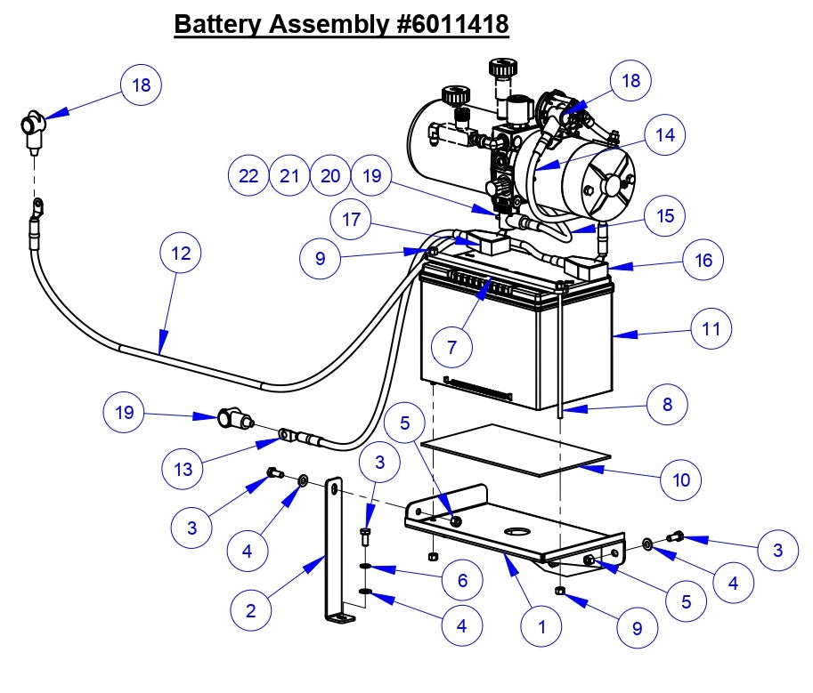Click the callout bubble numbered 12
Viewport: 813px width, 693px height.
click(x=182, y=254)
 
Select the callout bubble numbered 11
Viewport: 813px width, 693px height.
click(x=711, y=329)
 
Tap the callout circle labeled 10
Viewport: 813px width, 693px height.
click(x=681, y=480)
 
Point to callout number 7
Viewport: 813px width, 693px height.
click(x=452, y=348)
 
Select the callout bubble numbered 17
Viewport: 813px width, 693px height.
click(x=352, y=219)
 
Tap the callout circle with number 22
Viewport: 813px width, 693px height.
click(x=248, y=176)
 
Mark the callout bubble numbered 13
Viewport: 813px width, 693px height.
click(x=183, y=469)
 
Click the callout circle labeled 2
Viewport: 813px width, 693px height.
click(x=251, y=611)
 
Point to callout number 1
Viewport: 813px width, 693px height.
click(x=541, y=626)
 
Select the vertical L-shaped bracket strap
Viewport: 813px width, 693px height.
click(x=331, y=552)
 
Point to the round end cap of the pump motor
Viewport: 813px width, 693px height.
click(x=609, y=184)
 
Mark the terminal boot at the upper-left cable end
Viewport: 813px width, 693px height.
click(x=34, y=128)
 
